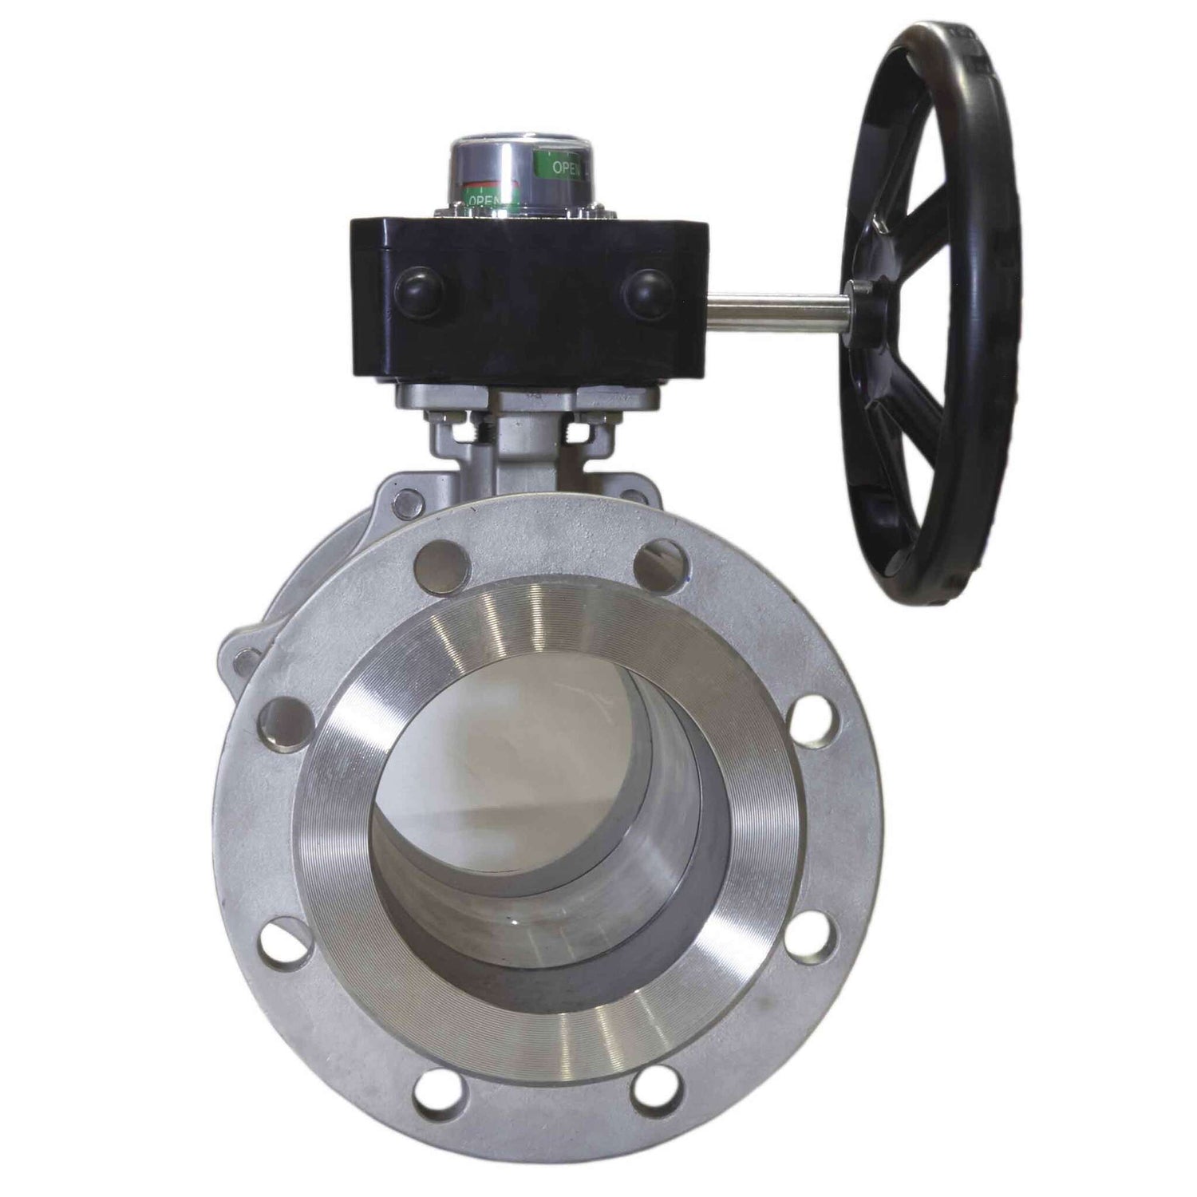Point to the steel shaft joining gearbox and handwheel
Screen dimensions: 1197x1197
[x=774, y=304]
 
